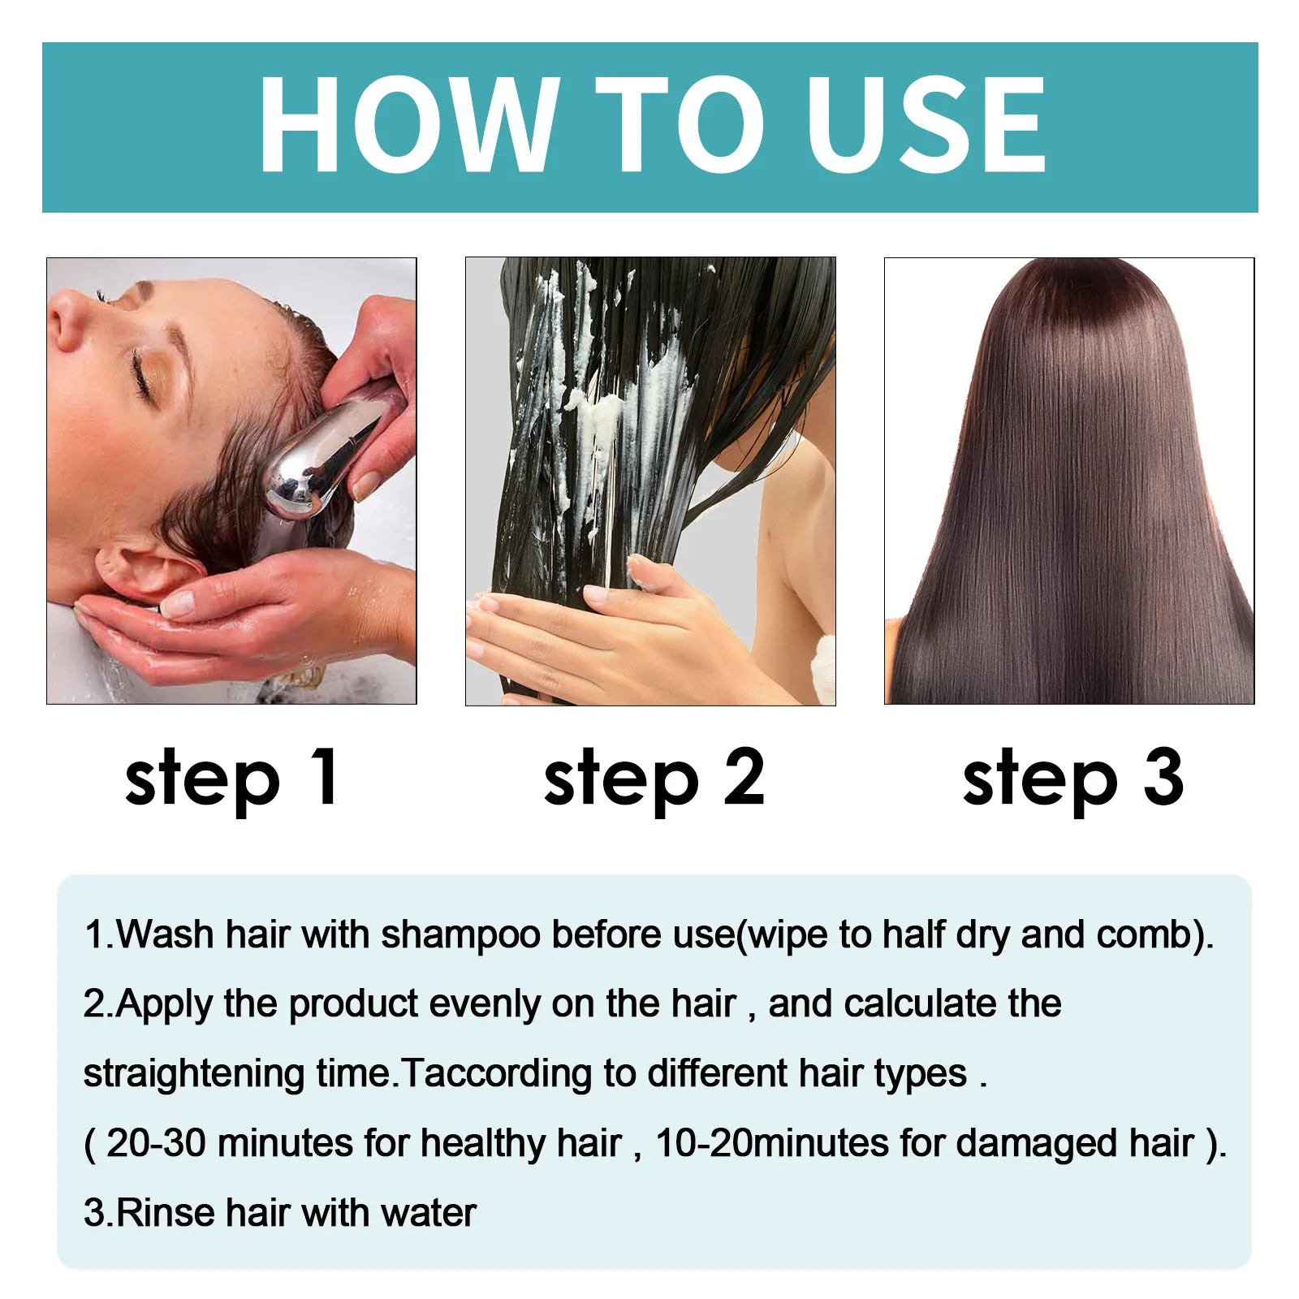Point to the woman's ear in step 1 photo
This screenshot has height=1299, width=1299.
point(142,568)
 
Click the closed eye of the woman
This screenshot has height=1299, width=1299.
point(145,375)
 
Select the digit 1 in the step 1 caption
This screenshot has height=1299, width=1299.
point(325,777)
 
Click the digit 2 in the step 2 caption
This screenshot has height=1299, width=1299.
point(744,777)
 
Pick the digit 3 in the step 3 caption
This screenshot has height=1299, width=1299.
point(1163,777)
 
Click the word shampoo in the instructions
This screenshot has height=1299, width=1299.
point(460,935)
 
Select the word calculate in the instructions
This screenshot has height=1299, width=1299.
point(920,1004)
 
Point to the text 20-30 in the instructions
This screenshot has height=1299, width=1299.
point(156,1143)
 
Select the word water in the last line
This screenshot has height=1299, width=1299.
point(428,1213)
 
